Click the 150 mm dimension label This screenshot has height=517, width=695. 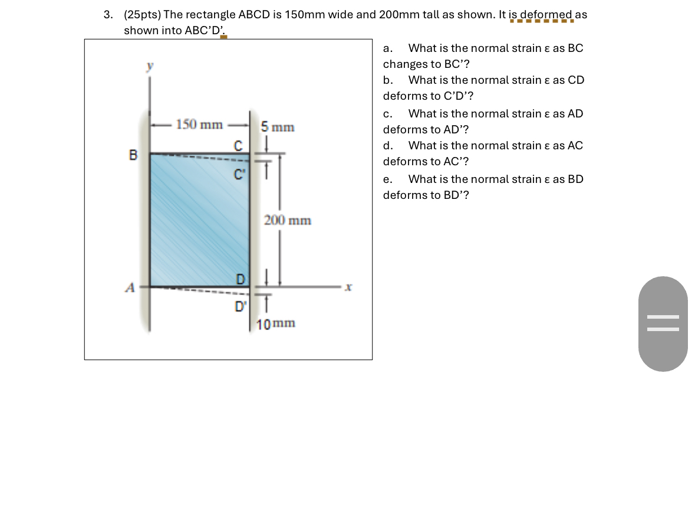(199, 125)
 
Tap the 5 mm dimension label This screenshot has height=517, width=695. (278, 127)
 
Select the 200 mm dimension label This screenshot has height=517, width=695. (288, 221)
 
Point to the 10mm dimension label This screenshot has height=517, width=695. (276, 323)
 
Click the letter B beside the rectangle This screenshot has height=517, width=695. (133, 155)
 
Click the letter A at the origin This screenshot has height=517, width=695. (130, 287)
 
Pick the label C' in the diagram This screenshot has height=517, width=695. (239, 175)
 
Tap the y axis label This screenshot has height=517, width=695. (150, 67)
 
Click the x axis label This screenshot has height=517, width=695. (348, 287)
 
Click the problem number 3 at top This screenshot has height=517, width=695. (107, 15)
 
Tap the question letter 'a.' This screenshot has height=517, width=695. (388, 48)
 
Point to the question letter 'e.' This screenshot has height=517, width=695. (388, 179)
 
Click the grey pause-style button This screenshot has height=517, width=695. (663, 323)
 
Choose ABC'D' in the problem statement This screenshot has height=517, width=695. (205, 31)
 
